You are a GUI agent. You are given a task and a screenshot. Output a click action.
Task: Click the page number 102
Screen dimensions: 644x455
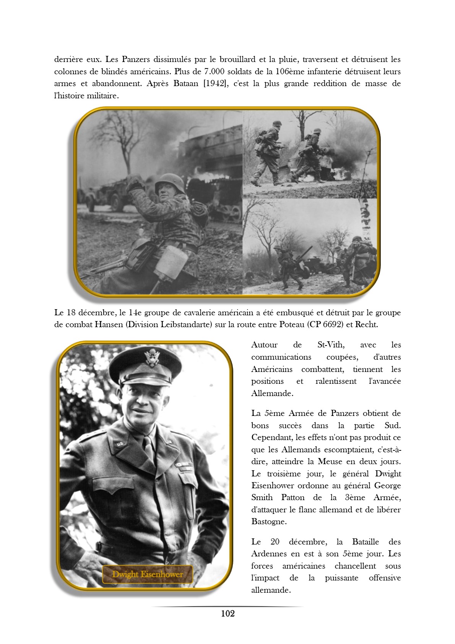227,613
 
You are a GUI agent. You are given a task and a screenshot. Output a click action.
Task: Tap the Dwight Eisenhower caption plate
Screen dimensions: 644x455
147,574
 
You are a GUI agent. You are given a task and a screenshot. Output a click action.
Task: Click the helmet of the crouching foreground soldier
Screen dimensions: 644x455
170,182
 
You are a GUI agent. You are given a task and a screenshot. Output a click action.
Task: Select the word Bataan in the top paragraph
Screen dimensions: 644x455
186,83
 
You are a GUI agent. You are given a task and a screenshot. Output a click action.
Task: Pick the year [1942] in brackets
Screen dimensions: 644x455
215,83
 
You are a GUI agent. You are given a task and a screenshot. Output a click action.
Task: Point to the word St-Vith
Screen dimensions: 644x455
331,345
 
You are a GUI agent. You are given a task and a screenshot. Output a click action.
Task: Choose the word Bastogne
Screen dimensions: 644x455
269,522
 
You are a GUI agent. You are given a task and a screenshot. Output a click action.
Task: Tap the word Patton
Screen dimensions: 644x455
293,497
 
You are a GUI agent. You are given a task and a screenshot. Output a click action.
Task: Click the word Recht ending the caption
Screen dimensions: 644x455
366,324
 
